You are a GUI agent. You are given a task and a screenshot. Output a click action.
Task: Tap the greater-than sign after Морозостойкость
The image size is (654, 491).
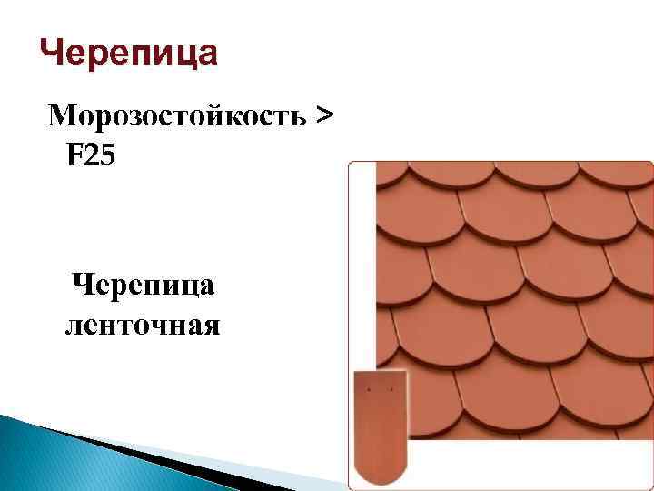322,116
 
